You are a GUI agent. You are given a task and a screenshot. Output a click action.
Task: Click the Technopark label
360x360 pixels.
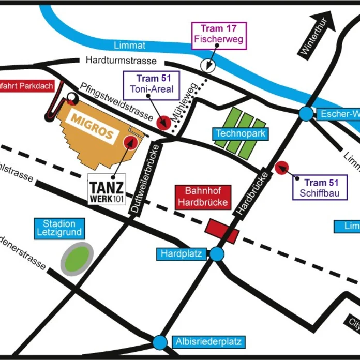[x=241, y=133]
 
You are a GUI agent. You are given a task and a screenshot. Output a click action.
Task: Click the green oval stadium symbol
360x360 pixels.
[x=77, y=259]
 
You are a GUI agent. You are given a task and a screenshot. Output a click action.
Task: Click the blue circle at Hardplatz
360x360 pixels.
[x=217, y=254]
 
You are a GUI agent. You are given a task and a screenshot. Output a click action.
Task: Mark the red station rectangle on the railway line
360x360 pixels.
[x=222, y=231]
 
